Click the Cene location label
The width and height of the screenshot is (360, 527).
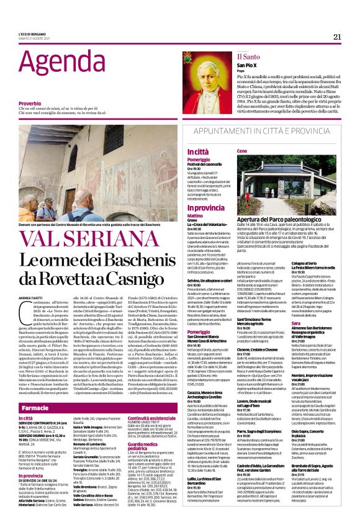click(243, 151)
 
